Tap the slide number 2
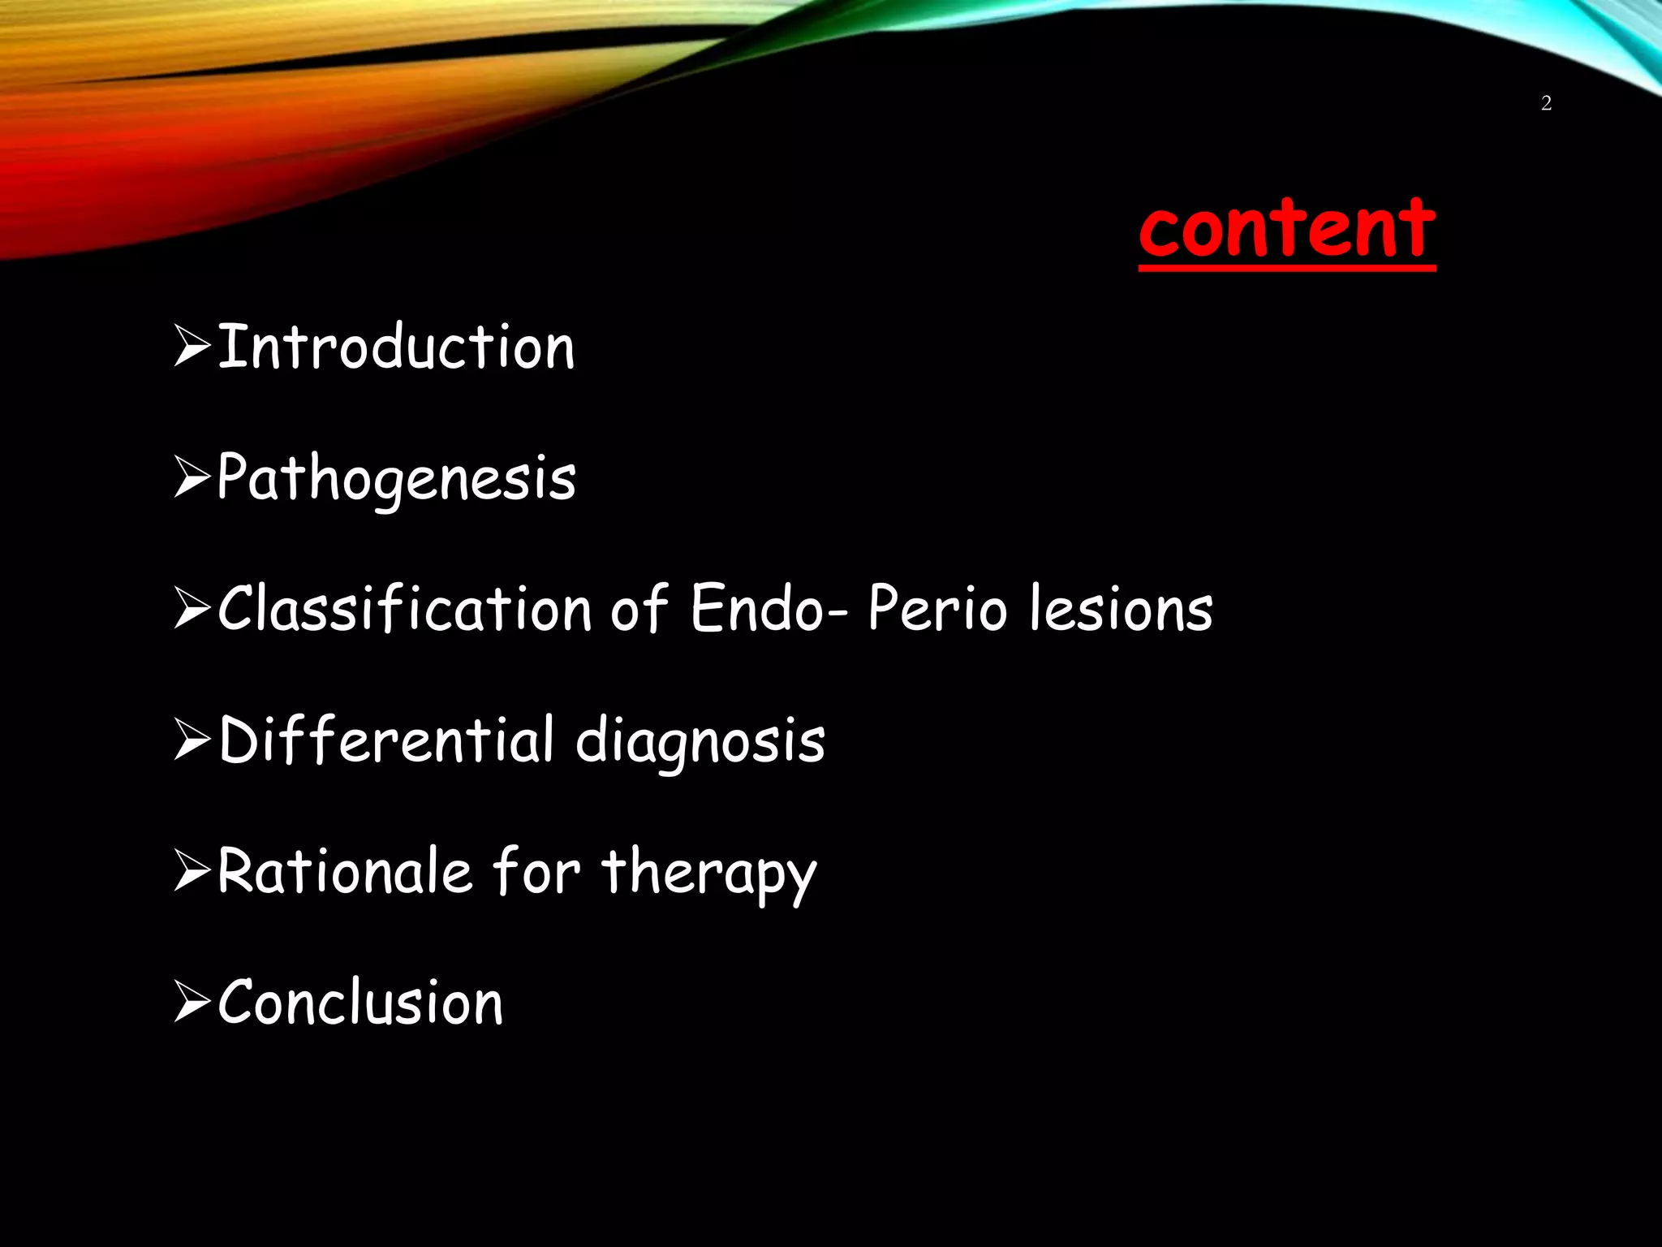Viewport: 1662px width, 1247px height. pyautogui.click(x=1546, y=103)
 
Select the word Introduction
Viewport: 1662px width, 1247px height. pyautogui.click(x=396, y=347)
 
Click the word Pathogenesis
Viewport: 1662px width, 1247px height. pyautogui.click(x=396, y=479)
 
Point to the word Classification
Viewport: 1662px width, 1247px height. pyautogui.click(x=404, y=609)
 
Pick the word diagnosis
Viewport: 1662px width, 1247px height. pyautogui.click(x=700, y=740)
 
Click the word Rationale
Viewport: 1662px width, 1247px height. pyautogui.click(x=345, y=871)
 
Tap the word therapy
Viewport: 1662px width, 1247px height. pyautogui.click(x=708, y=873)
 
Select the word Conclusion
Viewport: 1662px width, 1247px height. pyautogui.click(x=360, y=1003)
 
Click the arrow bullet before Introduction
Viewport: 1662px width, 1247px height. pyautogui.click(x=192, y=347)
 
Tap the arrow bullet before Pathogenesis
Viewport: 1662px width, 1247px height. pyautogui.click(x=192, y=479)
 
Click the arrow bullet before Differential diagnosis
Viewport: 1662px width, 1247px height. pyautogui.click(x=192, y=741)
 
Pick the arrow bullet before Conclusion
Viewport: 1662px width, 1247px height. pyautogui.click(x=192, y=1004)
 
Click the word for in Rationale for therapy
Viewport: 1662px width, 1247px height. pyautogui.click(x=536, y=871)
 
